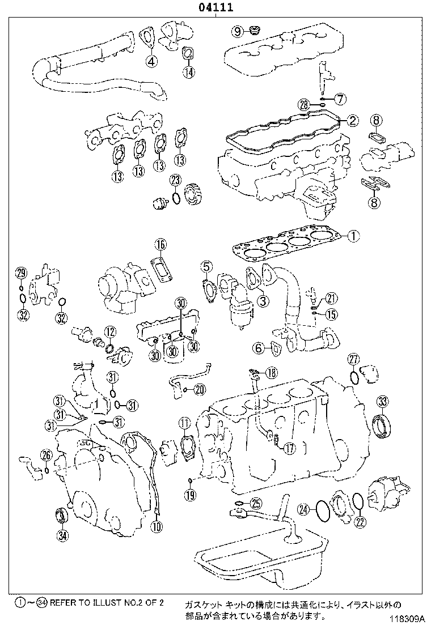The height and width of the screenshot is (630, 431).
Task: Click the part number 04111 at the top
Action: pyautogui.click(x=215, y=7)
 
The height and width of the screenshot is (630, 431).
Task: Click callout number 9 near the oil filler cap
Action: pyautogui.click(x=237, y=30)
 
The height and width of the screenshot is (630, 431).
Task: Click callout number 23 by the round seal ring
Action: pyautogui.click(x=176, y=180)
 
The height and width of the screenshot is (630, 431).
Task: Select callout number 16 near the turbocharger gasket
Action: pyautogui.click(x=161, y=245)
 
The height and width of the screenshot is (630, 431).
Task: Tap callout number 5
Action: pyautogui.click(x=206, y=266)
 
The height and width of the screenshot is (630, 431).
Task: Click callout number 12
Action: pyautogui.click(x=109, y=332)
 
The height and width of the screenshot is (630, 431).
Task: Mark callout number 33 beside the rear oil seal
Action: pyautogui.click(x=384, y=402)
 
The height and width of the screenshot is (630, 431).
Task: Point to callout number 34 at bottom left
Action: pyautogui.click(x=62, y=534)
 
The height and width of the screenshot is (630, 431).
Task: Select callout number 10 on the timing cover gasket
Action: pyautogui.click(x=157, y=527)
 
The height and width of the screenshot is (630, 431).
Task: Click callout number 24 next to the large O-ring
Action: pyautogui.click(x=305, y=509)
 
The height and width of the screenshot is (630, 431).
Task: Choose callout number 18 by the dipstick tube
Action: pyautogui.click(x=272, y=372)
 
